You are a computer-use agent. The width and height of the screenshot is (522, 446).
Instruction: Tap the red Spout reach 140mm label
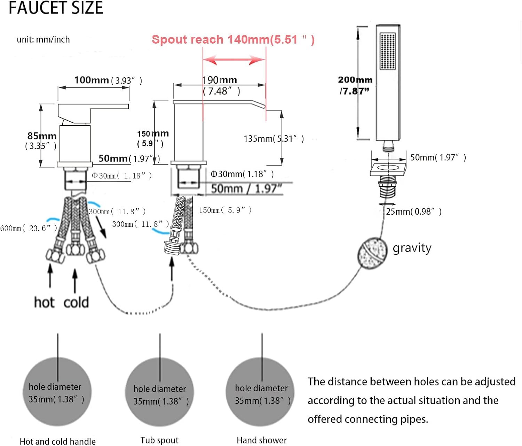(233, 39)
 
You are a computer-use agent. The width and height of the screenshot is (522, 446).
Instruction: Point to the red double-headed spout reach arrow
(234, 60)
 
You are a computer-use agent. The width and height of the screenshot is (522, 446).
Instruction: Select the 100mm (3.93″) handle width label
(108, 80)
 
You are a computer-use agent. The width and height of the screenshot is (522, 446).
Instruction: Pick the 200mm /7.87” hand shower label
(355, 85)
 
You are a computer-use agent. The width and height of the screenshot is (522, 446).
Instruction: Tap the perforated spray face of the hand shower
(388, 51)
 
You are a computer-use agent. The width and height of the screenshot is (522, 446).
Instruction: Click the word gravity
(412, 248)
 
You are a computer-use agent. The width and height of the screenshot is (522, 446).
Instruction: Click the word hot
(44, 302)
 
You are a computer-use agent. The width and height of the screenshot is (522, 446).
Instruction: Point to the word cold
(76, 302)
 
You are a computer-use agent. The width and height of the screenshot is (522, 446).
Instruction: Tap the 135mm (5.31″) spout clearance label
(274, 139)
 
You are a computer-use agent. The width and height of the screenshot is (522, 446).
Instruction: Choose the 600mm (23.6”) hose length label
(29, 228)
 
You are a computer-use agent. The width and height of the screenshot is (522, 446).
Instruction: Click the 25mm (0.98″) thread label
(413, 212)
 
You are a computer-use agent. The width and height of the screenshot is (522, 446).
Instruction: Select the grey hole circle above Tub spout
(159, 392)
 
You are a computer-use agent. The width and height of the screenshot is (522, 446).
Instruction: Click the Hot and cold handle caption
(57, 441)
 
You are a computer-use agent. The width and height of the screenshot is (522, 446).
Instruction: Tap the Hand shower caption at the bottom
(262, 440)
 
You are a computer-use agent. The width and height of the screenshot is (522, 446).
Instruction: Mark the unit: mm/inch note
(43, 39)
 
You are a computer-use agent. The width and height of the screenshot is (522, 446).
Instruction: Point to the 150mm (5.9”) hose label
(225, 210)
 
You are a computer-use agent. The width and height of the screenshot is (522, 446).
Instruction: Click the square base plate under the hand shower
(388, 169)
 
